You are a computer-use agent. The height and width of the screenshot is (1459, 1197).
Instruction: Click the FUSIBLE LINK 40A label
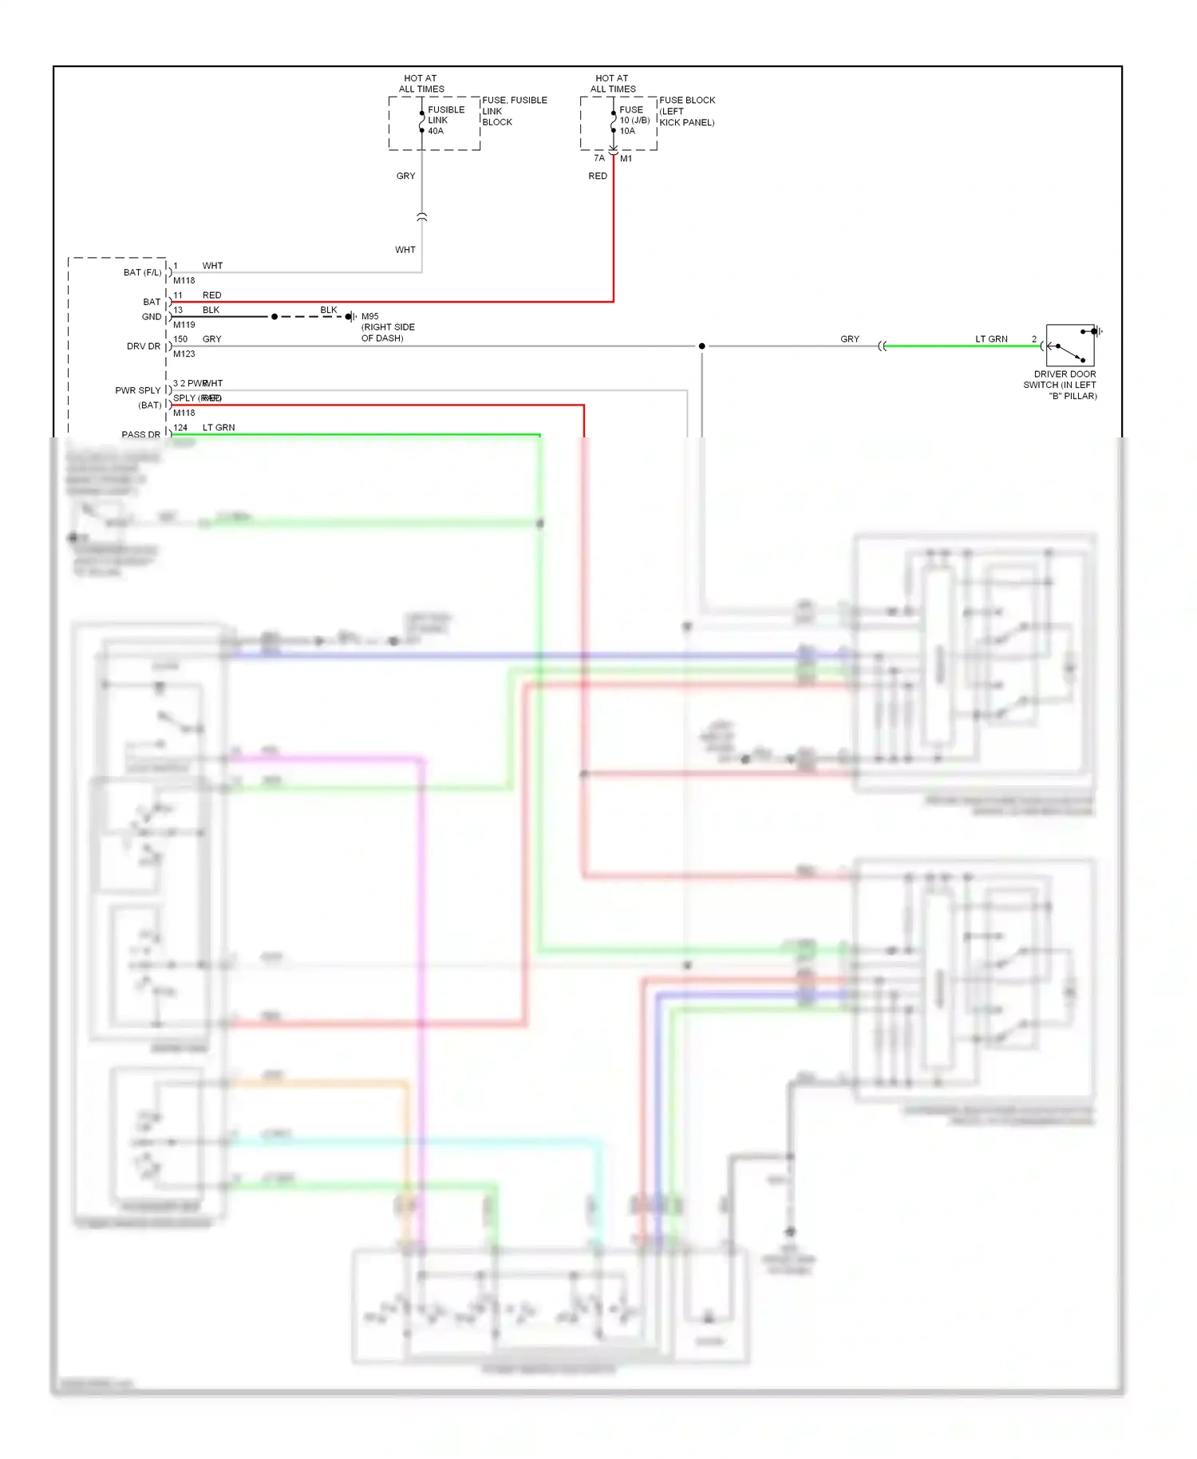445,121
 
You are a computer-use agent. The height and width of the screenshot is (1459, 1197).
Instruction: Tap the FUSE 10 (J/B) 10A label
634,121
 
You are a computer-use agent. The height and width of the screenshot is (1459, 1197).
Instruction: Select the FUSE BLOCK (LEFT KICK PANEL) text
686,112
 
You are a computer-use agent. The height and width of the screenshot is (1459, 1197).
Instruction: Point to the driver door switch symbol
1070,346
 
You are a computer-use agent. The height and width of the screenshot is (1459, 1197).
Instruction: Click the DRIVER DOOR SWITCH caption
1061,385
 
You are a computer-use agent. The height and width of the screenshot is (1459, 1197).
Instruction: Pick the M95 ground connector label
369,317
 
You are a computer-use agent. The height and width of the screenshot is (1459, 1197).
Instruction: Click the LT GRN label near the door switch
991,339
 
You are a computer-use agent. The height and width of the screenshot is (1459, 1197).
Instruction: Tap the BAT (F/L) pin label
142,273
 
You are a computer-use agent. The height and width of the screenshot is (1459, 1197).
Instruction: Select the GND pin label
151,317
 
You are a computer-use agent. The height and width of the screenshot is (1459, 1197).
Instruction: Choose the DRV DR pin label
144,346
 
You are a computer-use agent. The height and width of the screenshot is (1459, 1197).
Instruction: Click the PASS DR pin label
140,435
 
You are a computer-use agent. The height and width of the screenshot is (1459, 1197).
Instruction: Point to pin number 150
180,339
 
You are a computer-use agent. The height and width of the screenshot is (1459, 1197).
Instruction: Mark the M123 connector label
184,354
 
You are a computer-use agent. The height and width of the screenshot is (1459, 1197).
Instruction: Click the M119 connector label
184,325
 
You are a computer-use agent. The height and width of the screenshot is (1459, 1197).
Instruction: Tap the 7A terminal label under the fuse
599,158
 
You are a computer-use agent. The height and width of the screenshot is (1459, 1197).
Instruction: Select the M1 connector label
626,159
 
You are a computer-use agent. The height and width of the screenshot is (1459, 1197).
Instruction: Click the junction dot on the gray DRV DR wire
702,346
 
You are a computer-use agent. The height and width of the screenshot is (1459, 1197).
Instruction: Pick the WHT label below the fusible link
405,250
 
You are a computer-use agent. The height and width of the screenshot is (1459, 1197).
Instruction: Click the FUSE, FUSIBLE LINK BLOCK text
514,112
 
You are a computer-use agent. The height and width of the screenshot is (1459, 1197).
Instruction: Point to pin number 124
180,428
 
